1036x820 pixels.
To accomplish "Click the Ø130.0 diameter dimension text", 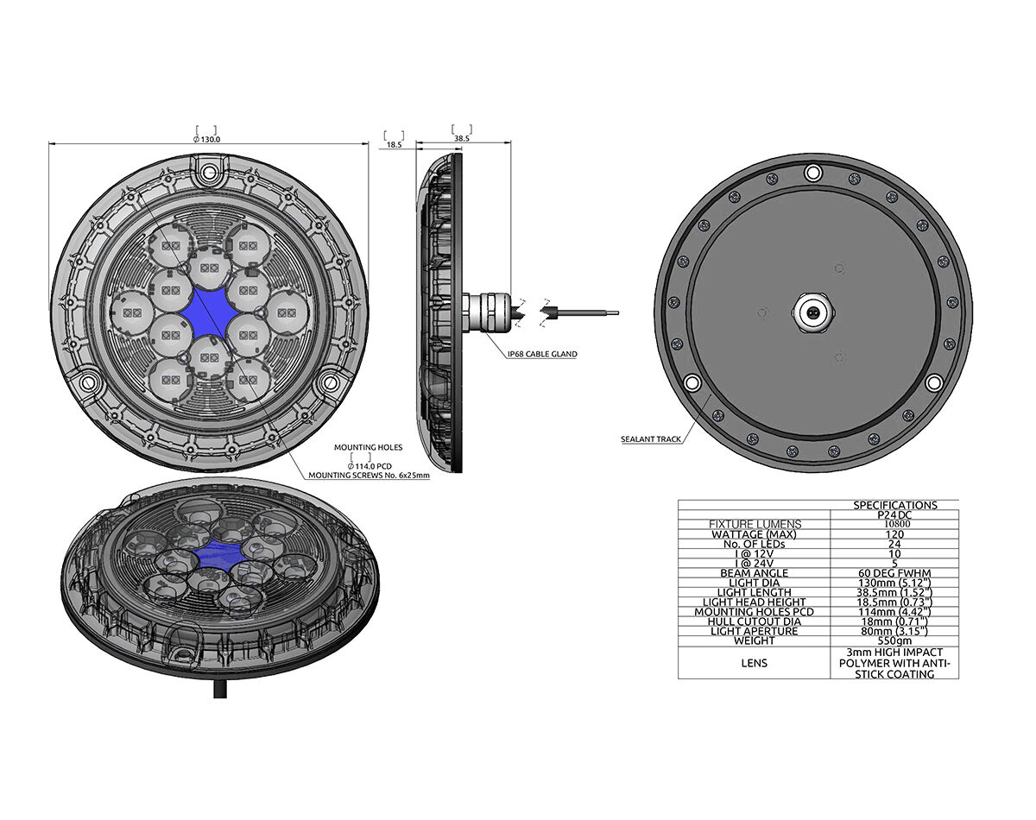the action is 206,139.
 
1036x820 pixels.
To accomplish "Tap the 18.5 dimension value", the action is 394,144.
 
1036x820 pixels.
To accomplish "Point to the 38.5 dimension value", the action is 462,139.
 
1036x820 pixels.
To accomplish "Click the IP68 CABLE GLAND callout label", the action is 542,355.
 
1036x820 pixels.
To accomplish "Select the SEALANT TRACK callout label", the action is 651,439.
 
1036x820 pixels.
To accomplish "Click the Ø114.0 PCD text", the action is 370,466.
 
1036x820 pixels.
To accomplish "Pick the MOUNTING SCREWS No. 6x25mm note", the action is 370,476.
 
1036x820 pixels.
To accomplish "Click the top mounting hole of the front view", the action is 209,171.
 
